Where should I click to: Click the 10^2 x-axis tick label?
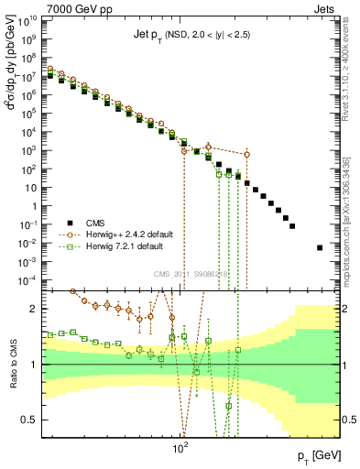(180, 449)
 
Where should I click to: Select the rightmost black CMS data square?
(320, 247)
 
